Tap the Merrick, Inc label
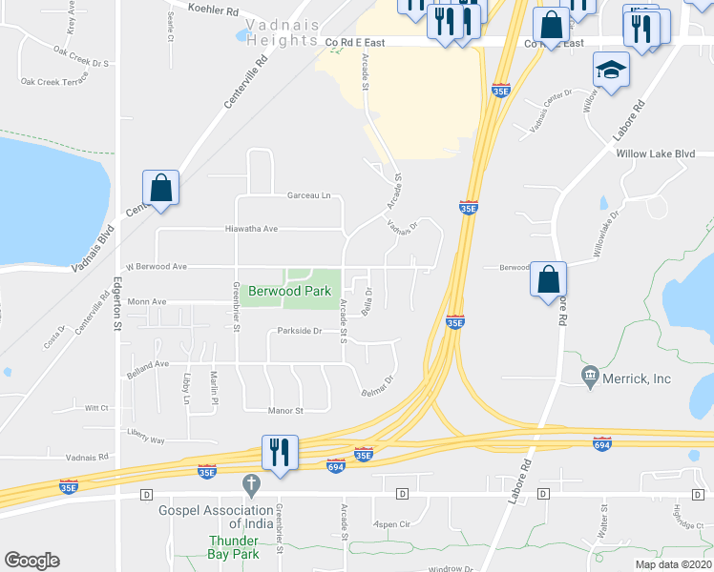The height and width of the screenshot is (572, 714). coord(635,378)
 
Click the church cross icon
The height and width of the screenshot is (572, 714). coord(251,485)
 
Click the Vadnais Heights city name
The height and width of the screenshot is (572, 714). coord(282,33)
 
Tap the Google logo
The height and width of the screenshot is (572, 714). coord(31,561)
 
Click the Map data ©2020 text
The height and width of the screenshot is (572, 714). coord(672,563)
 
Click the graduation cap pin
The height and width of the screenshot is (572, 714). coord(611,71)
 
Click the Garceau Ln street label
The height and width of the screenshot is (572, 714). coord(308,195)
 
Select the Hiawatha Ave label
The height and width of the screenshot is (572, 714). coord(250,229)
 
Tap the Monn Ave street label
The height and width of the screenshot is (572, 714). coord(147,301)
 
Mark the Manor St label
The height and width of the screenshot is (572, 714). coord(284,411)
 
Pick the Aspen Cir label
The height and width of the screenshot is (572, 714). coord(392,524)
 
